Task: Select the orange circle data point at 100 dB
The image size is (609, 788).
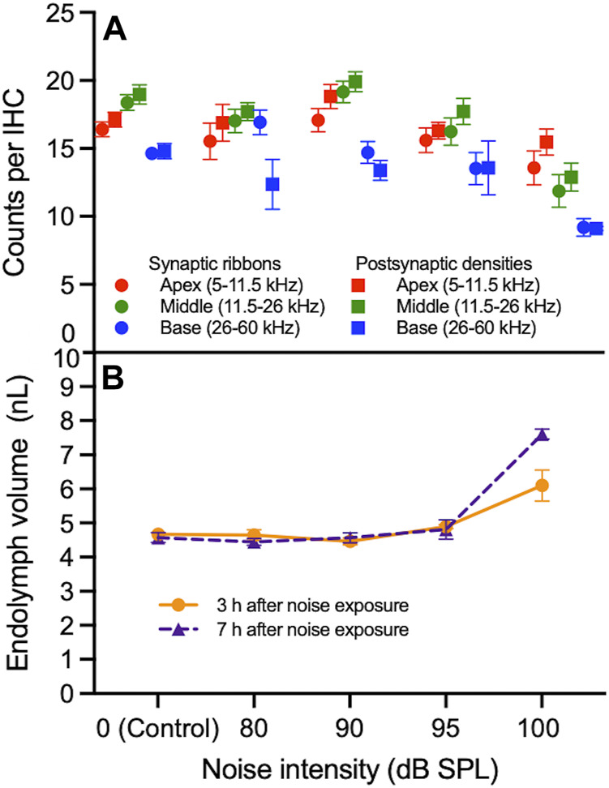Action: pyautogui.click(x=542, y=486)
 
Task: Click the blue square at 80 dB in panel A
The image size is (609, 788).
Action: pyautogui.click(x=272, y=184)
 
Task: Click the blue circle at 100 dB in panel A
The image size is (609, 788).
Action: pyautogui.click(x=583, y=228)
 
